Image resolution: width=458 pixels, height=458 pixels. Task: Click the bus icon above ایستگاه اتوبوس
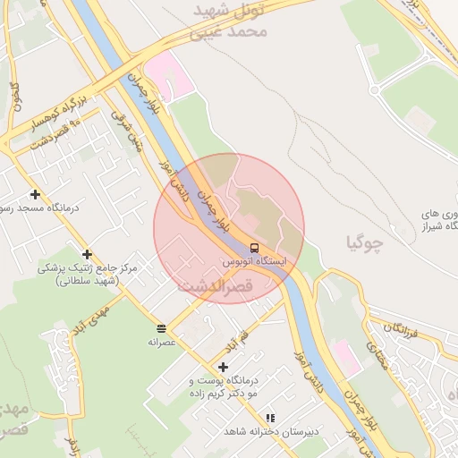coord(255,247)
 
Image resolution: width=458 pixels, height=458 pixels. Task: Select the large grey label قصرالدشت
coord(216,287)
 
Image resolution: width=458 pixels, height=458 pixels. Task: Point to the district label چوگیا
coord(364,241)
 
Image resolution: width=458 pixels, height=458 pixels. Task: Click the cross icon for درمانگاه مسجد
coord(35,194)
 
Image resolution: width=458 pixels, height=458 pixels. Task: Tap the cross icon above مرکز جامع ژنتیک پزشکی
coord(87,255)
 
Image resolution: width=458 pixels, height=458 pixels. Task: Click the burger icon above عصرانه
coord(161,328)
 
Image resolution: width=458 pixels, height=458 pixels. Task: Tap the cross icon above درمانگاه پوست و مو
coord(223,366)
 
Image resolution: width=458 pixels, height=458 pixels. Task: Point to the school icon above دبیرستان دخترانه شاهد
coord(270,418)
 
